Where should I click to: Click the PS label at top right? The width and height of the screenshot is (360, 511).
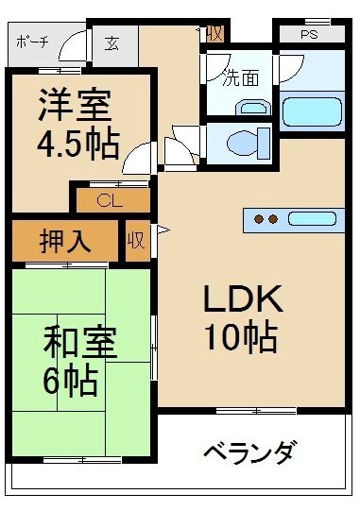click(309, 35)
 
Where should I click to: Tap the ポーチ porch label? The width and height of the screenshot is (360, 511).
click(33, 43)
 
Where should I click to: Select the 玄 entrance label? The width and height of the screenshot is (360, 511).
click(111, 43)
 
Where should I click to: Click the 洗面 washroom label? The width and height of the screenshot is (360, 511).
click(241, 78)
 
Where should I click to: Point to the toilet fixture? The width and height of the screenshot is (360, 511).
click(249, 143)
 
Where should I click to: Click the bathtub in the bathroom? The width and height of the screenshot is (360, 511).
click(312, 111)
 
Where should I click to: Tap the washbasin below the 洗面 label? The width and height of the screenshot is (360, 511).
click(253, 108)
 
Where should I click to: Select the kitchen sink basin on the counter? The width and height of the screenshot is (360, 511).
click(312, 219)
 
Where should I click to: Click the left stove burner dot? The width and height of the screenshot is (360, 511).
click(259, 219)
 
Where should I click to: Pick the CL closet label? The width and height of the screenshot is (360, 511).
click(110, 201)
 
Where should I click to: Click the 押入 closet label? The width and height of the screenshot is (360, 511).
click(65, 242)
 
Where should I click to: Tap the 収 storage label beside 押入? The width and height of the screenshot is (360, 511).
click(136, 241)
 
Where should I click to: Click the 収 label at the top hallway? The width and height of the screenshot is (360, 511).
click(214, 34)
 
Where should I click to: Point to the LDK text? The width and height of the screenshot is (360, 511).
click(243, 298)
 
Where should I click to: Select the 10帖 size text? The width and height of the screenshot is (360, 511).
click(241, 336)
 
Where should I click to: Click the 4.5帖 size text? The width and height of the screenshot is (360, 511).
click(77, 144)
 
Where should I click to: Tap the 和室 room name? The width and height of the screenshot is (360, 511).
click(80, 343)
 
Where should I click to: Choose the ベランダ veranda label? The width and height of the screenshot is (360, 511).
click(250, 452)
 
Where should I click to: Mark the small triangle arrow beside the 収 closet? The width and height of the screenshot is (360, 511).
click(163, 230)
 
